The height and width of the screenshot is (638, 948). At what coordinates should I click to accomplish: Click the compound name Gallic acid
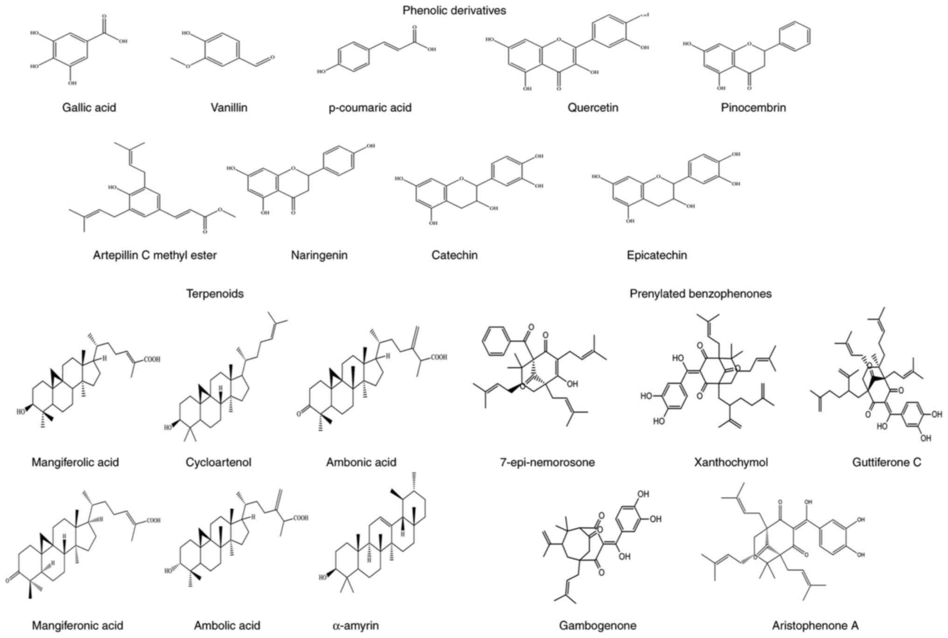point(89,108)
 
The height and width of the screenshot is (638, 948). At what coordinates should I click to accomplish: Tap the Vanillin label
point(229,108)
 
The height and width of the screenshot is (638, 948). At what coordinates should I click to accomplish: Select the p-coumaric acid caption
point(370,108)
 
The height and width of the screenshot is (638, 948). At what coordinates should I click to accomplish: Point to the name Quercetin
point(592,108)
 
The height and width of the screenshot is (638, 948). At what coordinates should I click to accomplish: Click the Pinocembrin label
point(753,108)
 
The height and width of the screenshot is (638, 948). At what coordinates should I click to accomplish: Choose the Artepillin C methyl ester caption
point(154,255)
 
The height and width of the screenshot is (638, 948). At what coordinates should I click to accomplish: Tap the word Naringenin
point(319,255)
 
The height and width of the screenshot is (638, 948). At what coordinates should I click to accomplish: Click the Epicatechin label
point(656,255)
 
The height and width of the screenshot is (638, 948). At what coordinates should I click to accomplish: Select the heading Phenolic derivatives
point(454,10)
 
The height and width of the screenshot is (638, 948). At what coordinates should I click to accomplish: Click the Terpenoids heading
point(215,294)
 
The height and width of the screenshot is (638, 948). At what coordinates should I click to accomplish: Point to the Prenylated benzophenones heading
point(700,294)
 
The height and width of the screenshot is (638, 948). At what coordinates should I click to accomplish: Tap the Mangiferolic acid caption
point(75,463)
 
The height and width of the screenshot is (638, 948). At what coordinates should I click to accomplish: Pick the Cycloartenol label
point(218,463)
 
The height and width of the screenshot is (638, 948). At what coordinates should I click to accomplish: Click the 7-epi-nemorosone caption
point(547,463)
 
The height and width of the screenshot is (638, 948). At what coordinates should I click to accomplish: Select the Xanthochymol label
point(731,463)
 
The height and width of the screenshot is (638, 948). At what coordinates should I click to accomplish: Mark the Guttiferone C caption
point(886,463)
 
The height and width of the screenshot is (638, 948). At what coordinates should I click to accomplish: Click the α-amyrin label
point(355,625)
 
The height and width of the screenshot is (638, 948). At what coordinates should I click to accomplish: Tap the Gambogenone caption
point(597,625)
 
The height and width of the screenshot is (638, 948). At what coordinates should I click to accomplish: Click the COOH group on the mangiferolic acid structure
point(152,359)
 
